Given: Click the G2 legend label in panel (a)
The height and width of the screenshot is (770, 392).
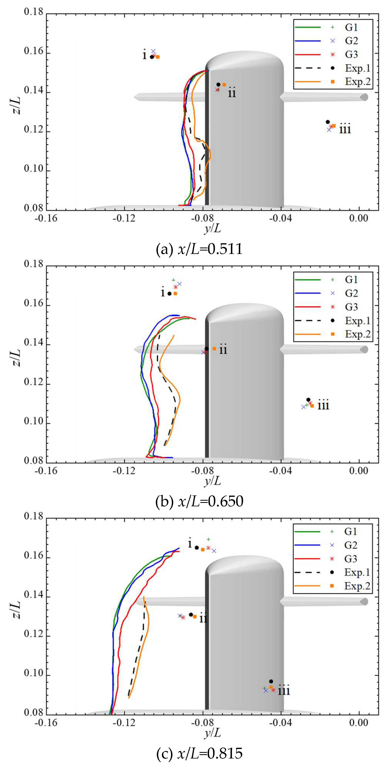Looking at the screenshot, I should (x=351, y=41).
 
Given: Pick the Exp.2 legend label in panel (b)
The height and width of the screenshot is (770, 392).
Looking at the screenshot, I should (x=358, y=334).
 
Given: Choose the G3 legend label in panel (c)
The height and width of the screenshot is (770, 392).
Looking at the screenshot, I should (x=351, y=559).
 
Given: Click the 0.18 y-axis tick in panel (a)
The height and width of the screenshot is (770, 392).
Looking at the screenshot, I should (x=34, y=12).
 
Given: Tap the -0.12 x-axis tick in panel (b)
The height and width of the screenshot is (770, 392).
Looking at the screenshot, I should (x=124, y=471).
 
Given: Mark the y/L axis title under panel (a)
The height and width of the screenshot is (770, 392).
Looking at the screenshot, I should (x=213, y=229).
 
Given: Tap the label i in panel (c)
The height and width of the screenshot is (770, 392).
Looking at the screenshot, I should (x=190, y=543).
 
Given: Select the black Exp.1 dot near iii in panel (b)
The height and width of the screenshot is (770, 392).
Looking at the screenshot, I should (x=308, y=400).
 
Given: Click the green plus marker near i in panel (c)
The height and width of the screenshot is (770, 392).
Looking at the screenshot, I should (x=209, y=539).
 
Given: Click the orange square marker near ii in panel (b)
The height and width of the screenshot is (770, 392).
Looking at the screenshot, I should (x=214, y=349).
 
